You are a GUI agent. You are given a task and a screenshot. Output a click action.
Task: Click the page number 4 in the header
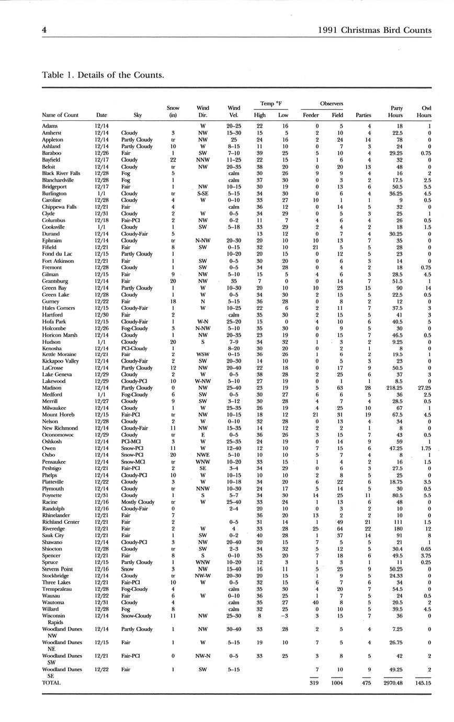point(44,30)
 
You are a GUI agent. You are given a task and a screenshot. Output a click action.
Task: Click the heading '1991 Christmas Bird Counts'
point(374,30)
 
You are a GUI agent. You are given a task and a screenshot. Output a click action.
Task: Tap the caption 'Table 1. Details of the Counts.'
point(103,75)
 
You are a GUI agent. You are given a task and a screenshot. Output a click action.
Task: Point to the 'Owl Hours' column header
point(424,111)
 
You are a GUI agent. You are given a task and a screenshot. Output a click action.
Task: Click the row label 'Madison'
point(51,388)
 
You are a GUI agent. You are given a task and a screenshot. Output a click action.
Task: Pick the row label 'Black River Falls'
point(61,173)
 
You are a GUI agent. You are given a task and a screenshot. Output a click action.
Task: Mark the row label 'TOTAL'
point(51,682)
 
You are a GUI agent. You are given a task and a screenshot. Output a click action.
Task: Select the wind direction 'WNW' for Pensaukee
point(203,462)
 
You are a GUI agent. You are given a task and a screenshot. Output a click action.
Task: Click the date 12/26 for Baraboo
point(101,153)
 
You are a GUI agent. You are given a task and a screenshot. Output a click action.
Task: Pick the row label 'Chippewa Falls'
point(59,207)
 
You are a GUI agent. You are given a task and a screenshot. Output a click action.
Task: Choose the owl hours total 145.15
point(421,682)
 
